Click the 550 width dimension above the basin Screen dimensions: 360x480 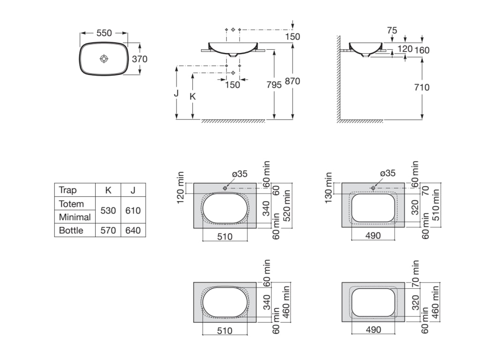104,33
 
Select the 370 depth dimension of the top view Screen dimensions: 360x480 139,59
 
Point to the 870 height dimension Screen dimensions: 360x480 292,81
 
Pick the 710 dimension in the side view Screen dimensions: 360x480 421,87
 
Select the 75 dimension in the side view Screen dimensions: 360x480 392,30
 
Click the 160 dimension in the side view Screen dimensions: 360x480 422,50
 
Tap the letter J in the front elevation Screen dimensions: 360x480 176,93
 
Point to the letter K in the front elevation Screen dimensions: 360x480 193,97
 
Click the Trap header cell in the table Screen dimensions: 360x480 68,190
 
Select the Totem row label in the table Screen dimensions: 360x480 71,204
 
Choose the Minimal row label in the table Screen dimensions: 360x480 75,217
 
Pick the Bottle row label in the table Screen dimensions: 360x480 71,230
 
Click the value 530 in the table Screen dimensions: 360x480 108,210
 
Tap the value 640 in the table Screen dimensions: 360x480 133,230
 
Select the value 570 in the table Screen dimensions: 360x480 108,230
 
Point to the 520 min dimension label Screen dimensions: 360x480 286,206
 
